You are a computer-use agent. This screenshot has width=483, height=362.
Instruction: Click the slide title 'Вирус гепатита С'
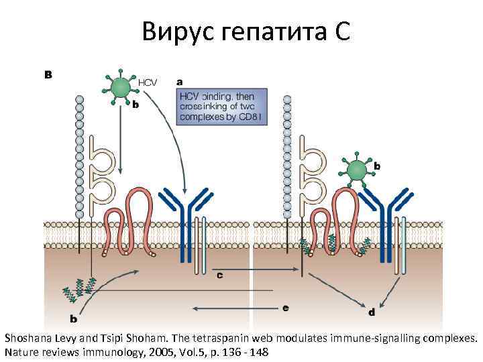click(246, 30)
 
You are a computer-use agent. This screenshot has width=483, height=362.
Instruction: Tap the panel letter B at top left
click(48, 74)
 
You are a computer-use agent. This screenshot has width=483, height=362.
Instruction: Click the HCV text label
click(148, 82)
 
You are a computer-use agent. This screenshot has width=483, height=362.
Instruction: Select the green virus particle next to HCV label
click(121, 86)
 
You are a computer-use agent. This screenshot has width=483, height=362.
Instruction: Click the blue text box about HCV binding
click(221, 106)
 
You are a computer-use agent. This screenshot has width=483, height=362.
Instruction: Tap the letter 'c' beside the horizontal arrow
click(220, 275)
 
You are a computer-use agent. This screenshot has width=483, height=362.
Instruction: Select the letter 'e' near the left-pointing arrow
click(286, 308)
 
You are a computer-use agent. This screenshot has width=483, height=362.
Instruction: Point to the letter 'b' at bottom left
click(72, 319)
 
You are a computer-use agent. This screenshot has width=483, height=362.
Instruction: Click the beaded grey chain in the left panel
click(80, 154)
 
